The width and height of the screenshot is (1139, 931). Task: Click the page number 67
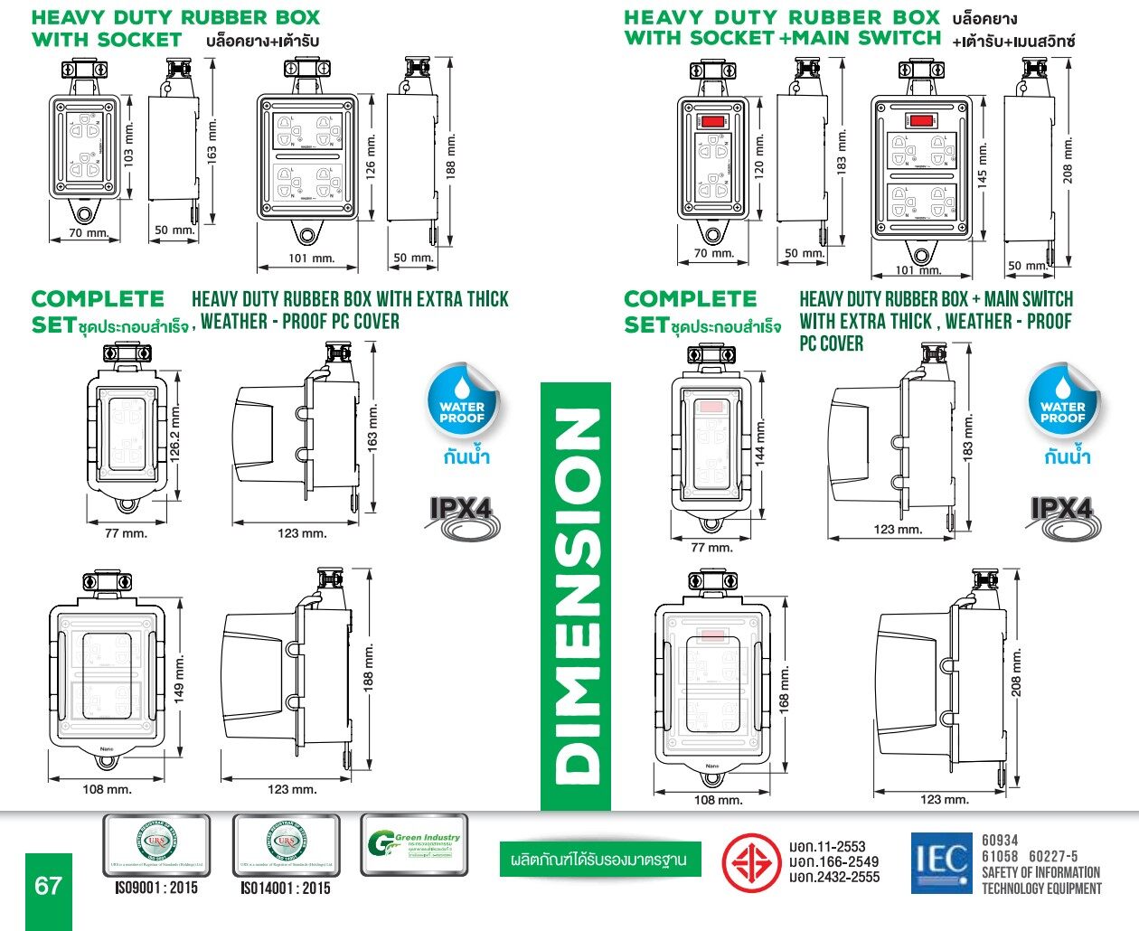[47, 885]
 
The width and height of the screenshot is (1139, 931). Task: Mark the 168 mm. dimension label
[784, 688]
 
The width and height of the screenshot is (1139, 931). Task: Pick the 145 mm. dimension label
[983, 167]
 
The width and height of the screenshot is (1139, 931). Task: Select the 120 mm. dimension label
[759, 155]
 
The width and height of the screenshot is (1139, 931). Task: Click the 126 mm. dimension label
[370, 158]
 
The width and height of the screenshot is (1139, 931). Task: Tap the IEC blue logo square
[941, 861]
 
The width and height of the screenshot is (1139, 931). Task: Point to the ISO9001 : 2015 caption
[156, 889]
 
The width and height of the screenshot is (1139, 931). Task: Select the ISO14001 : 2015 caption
[286, 889]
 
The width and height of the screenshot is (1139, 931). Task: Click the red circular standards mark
[751, 861]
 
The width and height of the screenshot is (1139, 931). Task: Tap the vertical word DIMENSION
[576, 597]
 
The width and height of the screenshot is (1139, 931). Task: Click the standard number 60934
[1000, 841]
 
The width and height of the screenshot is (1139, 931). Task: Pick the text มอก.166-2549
[833, 861]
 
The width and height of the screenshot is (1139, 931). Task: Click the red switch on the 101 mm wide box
[921, 120]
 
